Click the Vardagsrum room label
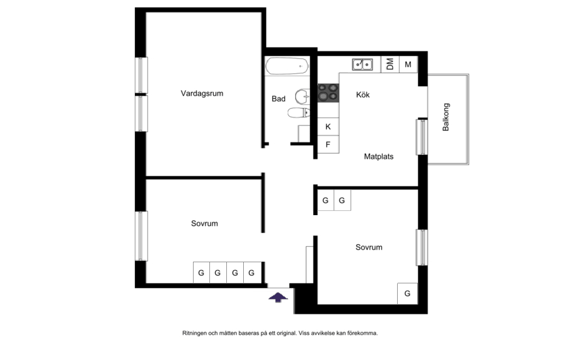tap(202, 94)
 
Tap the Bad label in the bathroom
tap(279, 99)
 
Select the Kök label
tap(363, 95)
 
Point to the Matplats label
tap(379, 156)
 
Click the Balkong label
tap(445, 117)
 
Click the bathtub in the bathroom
tap(287, 66)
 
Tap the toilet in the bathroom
tap(299, 112)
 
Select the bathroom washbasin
tap(302, 97)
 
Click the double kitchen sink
tap(362, 64)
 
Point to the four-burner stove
tap(328, 93)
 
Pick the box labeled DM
tap(390, 64)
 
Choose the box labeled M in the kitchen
tap(408, 64)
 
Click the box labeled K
tap(328, 127)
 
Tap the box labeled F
tap(328, 144)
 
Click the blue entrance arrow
tap(278, 297)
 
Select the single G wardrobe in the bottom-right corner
tap(407, 293)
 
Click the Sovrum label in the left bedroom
tap(205, 224)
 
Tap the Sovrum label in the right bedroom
tap(369, 247)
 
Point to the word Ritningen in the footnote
tap(194, 333)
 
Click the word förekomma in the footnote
tap(362, 333)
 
